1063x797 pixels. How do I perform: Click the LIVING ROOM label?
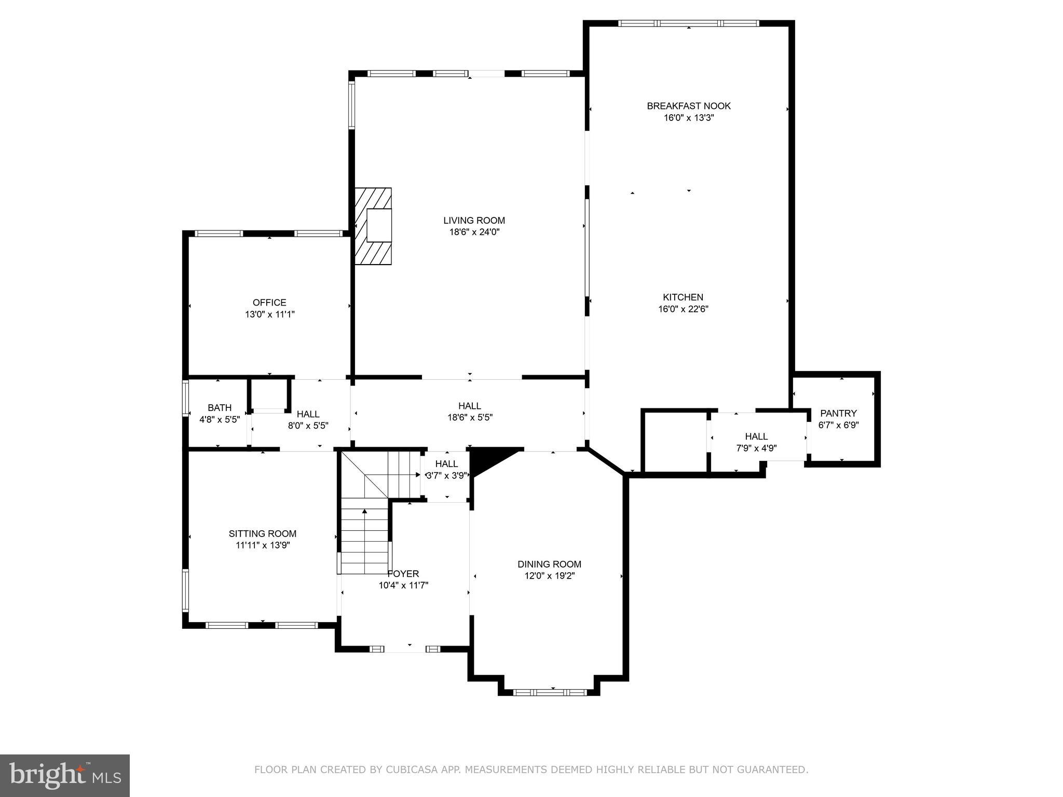pyautogui.click(x=474, y=221)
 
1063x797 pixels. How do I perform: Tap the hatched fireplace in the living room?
pyautogui.click(x=373, y=226)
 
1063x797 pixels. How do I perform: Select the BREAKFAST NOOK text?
pyautogui.click(x=688, y=106)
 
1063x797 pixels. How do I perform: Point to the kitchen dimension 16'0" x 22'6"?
pyautogui.click(x=683, y=309)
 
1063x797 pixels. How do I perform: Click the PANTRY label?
pyautogui.click(x=838, y=414)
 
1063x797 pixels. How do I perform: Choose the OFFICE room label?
pyautogui.click(x=269, y=303)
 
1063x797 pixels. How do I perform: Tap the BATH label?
pyautogui.click(x=220, y=408)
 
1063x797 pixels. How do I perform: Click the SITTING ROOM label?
pyautogui.click(x=263, y=533)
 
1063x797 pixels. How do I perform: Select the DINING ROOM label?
pyautogui.click(x=549, y=564)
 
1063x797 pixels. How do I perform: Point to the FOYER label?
pyautogui.click(x=403, y=574)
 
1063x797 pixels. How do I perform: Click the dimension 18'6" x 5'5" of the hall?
pyautogui.click(x=470, y=417)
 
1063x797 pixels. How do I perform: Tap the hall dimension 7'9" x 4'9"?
pyautogui.click(x=756, y=448)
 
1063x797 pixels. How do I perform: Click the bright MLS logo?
pyautogui.click(x=65, y=776)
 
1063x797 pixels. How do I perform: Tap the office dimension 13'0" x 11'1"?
pyautogui.click(x=270, y=314)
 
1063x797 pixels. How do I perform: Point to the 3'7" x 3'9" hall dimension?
pyautogui.click(x=447, y=475)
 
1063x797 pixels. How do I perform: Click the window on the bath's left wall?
pyautogui.click(x=185, y=398)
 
